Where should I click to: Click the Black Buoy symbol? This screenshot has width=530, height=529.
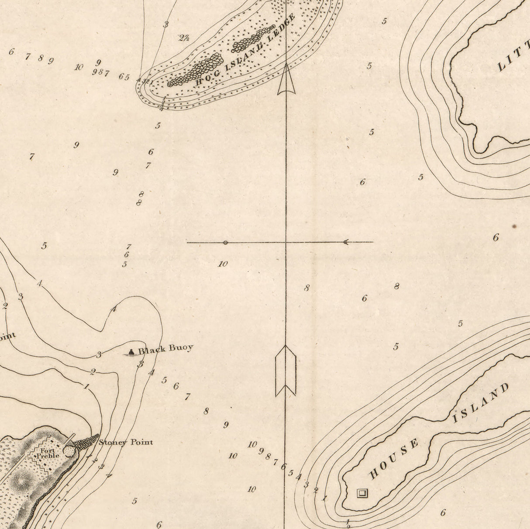131,352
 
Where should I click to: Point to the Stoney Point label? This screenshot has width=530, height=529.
126,442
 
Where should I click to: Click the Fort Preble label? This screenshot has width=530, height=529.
47,453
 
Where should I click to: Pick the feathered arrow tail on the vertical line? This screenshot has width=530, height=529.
286,371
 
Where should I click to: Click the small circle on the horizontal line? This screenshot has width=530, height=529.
225,242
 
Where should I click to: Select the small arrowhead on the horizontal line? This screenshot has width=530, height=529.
346,242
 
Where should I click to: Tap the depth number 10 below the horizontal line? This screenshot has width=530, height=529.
223,264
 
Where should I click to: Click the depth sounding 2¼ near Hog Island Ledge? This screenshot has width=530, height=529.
184,38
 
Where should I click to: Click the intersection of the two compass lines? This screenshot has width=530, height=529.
286,242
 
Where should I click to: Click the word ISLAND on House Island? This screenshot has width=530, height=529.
480,403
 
